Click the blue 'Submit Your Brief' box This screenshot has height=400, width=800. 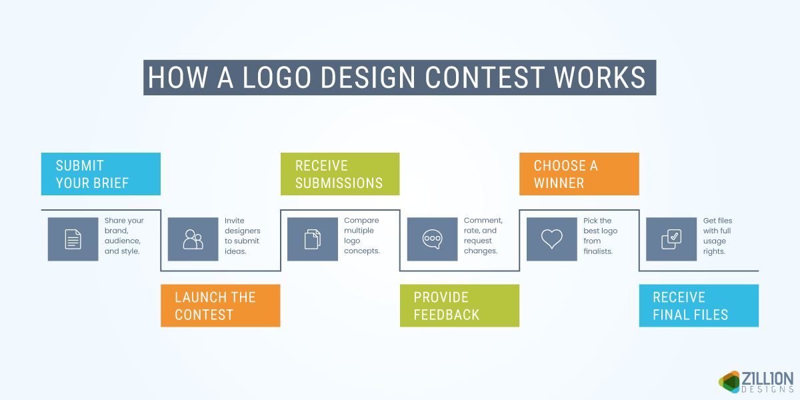101,174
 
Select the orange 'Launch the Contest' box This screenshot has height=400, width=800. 220,305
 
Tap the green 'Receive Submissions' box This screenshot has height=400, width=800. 339,174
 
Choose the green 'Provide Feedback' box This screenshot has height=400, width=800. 459,305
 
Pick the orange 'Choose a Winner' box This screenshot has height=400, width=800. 579,174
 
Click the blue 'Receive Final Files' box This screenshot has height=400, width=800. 699,305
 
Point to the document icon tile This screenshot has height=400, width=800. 73,239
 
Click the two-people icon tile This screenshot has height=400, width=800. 193,239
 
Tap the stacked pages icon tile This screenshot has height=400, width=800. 313,239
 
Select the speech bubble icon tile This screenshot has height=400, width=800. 432,239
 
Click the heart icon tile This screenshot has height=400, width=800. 552,239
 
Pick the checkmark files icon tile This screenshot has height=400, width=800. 671,239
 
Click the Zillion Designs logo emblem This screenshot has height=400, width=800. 729,381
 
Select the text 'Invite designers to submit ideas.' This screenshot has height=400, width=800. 242,236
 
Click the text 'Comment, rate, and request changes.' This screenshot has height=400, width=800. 483,236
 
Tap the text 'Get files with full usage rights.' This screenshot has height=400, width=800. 718,236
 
